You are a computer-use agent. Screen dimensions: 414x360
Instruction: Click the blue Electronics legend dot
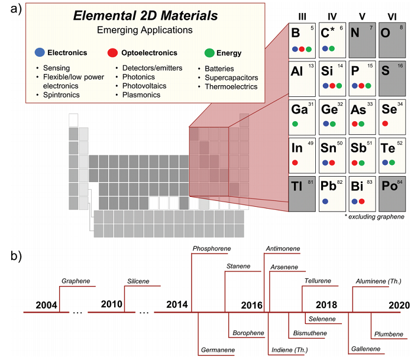[x=40, y=52]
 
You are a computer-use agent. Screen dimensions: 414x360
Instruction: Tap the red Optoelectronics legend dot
[x=112, y=53]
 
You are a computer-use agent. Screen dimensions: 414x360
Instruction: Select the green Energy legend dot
[x=209, y=53]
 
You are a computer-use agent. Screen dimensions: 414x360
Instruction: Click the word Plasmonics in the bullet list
[x=141, y=95]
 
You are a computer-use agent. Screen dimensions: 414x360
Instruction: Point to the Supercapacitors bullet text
[x=231, y=77]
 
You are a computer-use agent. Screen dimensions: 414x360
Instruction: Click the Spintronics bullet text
[x=62, y=95]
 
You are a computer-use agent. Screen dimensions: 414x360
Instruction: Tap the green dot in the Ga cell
[x=295, y=124]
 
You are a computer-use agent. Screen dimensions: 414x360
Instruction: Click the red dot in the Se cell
[x=385, y=124]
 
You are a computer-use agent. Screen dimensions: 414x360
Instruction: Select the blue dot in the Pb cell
[x=325, y=202]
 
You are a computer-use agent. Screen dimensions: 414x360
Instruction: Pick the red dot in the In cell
[x=295, y=163]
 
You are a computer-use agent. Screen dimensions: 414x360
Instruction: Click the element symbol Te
[x=388, y=148]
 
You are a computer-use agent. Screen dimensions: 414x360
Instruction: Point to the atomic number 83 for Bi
[x=370, y=182]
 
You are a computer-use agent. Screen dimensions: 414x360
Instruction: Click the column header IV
[x=332, y=17]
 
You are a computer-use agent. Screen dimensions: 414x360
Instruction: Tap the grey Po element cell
[x=392, y=194]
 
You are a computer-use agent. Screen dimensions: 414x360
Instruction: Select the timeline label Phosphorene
[x=212, y=248]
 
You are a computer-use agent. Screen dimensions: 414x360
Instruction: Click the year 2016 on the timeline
[x=251, y=305]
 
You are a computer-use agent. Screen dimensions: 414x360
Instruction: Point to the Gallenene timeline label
[x=366, y=349]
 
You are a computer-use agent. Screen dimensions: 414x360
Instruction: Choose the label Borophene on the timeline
[x=248, y=333]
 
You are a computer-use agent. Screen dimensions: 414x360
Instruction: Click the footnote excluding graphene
[x=374, y=217]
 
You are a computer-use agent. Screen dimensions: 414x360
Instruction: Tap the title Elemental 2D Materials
[x=145, y=15]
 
